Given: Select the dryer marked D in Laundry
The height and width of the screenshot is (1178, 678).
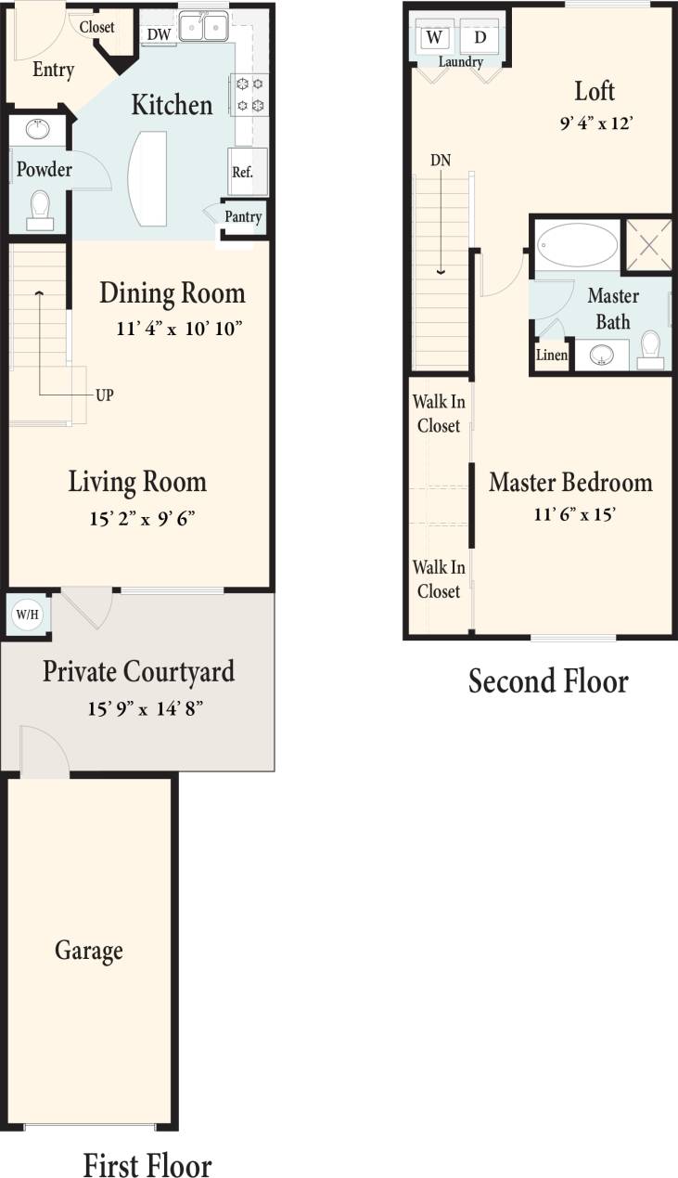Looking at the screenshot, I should tap(480, 37).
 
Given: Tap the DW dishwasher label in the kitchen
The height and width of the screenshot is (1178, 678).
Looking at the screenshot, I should tap(159, 33).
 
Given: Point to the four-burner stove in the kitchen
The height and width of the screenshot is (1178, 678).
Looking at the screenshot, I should tap(250, 94).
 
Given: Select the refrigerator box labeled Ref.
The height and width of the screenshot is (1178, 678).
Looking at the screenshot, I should tap(243, 172).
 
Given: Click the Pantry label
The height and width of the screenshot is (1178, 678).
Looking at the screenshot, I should tap(243, 217).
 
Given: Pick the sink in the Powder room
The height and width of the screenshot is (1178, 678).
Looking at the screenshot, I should tap(37, 129).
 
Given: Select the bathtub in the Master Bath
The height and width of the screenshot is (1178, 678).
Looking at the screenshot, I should tap(577, 245).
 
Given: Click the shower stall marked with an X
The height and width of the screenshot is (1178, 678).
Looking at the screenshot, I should tap(648, 245).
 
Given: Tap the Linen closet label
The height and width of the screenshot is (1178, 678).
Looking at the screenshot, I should tap(552, 356).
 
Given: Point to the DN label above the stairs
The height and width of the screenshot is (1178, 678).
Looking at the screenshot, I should tap(441, 160).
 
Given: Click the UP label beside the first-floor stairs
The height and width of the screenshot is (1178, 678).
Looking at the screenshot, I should tap(105, 395).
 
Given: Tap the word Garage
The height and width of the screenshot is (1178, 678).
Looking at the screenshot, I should tap(89, 951).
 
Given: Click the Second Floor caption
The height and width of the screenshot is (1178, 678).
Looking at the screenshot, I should tap(548, 681).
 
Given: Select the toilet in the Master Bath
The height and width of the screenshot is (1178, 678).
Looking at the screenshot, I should tap(651, 350).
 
